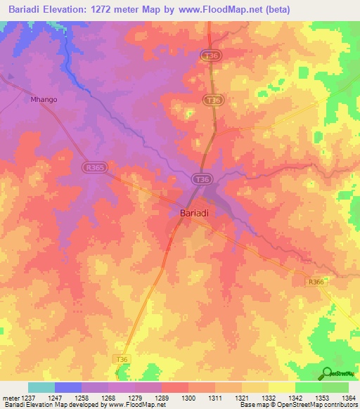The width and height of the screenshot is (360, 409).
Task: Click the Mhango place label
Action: click(44, 100)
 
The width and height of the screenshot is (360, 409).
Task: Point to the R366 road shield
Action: click(315, 282)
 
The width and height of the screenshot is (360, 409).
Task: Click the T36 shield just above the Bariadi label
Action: click(202, 180)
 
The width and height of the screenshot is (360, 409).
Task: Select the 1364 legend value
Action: click(348, 398)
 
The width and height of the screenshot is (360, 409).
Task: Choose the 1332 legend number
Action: click(268, 398)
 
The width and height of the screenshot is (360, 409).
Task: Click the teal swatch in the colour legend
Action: click(41, 387)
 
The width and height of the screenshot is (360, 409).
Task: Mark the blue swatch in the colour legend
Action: click(68, 387)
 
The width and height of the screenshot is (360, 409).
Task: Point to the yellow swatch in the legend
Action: click(281, 387)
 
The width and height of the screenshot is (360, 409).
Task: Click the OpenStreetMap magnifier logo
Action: click(328, 374)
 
